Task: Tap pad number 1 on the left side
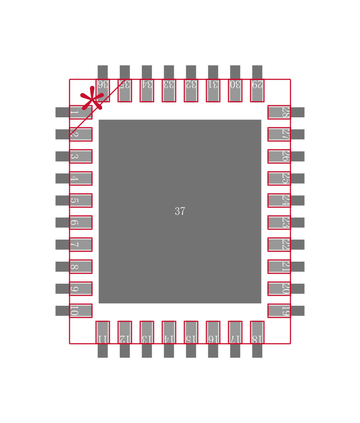(x=81, y=112)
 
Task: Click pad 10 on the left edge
(x=81, y=311)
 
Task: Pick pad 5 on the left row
(x=81, y=200)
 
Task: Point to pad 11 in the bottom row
(x=103, y=332)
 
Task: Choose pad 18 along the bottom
(x=257, y=332)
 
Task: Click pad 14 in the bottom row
(x=169, y=332)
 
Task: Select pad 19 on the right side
(x=279, y=311)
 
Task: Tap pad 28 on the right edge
(x=279, y=112)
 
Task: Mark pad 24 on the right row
(x=279, y=200)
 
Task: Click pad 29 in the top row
(x=257, y=90)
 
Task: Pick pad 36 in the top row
(x=103, y=90)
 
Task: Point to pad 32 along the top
(x=191, y=90)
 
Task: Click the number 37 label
(x=180, y=211)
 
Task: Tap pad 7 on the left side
(x=81, y=245)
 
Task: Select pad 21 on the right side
(x=279, y=267)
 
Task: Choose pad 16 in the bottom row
(x=213, y=332)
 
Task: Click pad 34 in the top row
(x=147, y=90)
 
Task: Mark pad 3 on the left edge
(x=81, y=156)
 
